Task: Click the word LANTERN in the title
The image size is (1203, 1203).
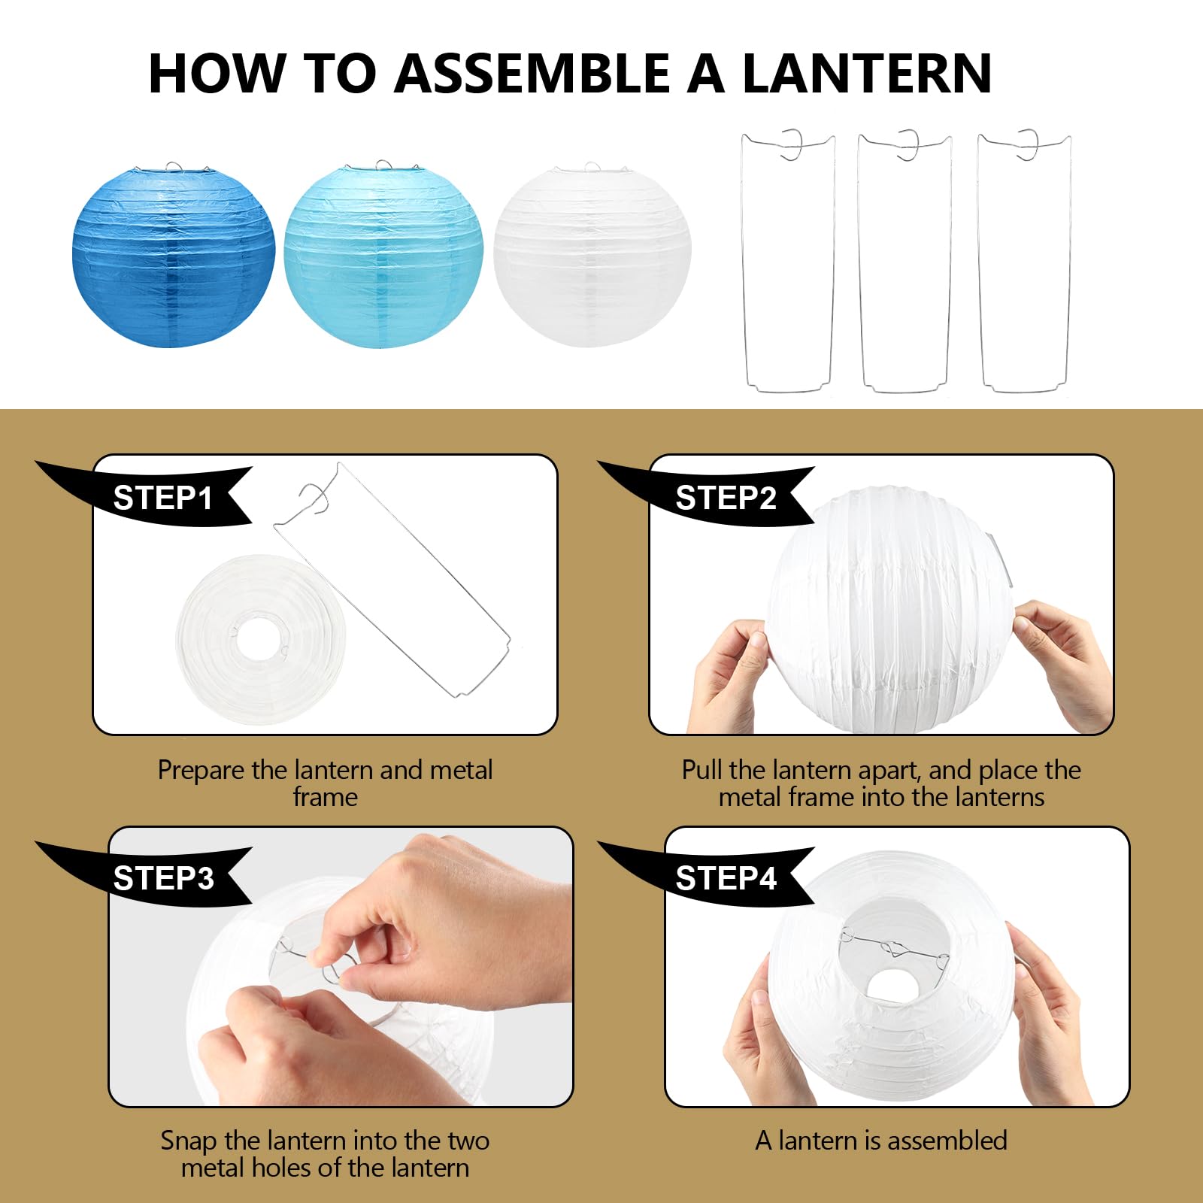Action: click(867, 74)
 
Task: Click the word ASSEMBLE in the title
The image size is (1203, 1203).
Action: click(532, 74)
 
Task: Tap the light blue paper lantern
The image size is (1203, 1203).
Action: click(383, 256)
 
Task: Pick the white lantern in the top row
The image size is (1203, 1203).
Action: click(592, 256)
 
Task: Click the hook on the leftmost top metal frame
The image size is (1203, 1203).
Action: click(792, 144)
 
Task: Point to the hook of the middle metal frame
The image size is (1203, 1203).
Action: click(908, 144)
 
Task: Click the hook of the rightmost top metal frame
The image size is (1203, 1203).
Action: click(1028, 144)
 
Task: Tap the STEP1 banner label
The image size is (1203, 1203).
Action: click(162, 498)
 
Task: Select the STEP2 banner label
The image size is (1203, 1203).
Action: click(725, 498)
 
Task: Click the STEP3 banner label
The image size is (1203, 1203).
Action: click(162, 878)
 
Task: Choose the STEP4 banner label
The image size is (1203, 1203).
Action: click(725, 878)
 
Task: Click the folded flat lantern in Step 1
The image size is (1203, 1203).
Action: click(261, 640)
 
